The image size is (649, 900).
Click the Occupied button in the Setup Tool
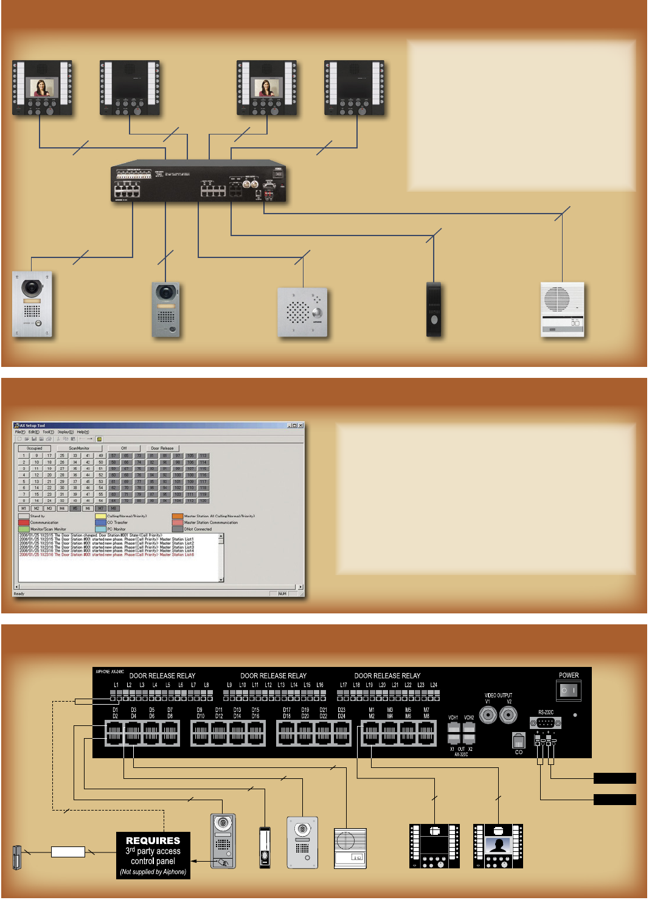(x=35, y=448)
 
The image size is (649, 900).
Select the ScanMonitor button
(x=79, y=448)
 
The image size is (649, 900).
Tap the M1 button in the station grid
(x=24, y=509)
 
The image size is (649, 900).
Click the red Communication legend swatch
(x=24, y=523)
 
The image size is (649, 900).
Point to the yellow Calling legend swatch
(x=100, y=516)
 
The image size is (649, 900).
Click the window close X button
(x=300, y=425)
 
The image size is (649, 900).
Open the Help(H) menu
(x=83, y=432)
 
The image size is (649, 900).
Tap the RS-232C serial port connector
(x=545, y=722)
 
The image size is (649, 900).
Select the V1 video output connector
(x=488, y=714)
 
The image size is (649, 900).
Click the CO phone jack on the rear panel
(x=518, y=741)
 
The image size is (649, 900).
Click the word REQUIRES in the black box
(x=153, y=840)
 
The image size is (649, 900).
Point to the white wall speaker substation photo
(x=563, y=309)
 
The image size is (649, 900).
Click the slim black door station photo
(x=434, y=309)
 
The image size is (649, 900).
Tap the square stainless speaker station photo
(x=302, y=313)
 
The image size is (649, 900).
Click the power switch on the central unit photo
(x=278, y=174)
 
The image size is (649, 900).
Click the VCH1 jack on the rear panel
(x=454, y=728)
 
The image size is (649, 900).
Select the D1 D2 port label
(x=115, y=713)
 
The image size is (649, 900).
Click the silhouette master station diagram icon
(x=498, y=846)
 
